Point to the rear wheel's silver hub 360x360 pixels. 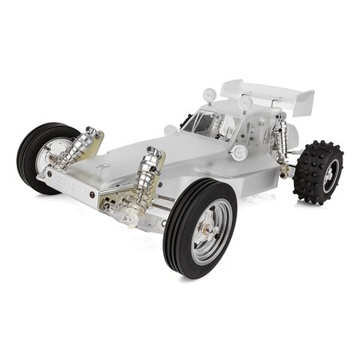[x=327, y=174]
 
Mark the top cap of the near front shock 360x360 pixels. [x=152, y=151]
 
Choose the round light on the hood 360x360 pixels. [x=170, y=130]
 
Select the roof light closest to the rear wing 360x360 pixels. [x=244, y=102]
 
